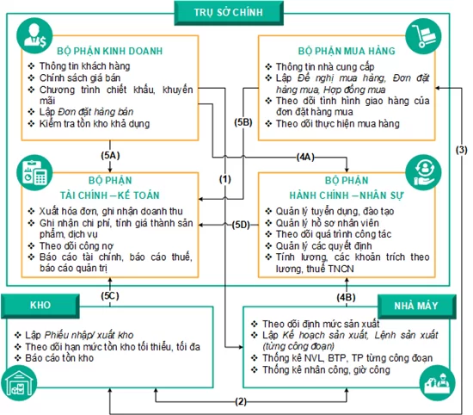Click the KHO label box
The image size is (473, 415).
(39, 305)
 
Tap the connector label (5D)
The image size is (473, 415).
(242, 225)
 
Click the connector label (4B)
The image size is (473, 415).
(347, 297)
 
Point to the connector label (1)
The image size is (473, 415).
(225, 178)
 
